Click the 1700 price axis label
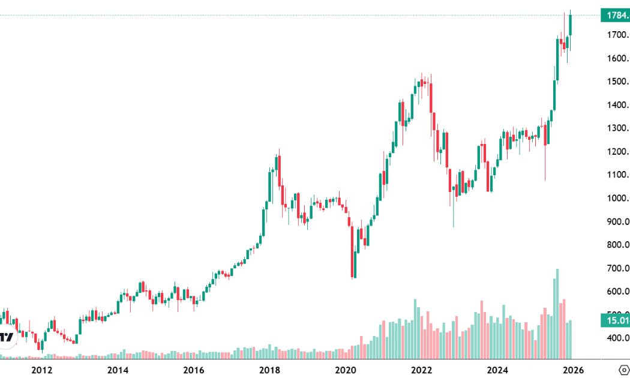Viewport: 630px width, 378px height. point(617,35)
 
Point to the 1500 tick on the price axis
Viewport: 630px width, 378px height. point(617,82)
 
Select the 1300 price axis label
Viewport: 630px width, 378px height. point(617,128)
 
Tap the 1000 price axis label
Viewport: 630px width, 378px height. point(617,199)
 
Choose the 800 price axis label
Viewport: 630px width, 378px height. point(617,245)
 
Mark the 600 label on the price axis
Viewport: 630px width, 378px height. point(617,292)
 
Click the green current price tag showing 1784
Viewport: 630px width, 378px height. point(615,15)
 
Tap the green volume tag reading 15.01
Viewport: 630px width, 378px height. point(615,320)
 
